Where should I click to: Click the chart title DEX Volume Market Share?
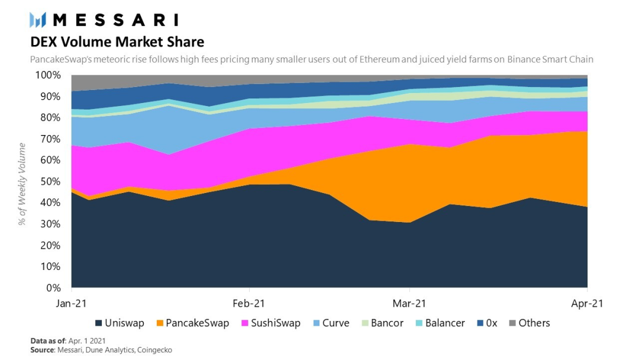pyautogui.click(x=117, y=42)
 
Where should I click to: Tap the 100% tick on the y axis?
pyautogui.click(x=48, y=76)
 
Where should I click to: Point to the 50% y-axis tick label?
pyautogui.click(x=50, y=182)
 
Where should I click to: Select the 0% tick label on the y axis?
pyautogui.click(x=53, y=288)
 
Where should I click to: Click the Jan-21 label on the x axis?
pyautogui.click(x=72, y=303)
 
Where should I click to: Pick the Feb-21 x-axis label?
pyautogui.click(x=249, y=303)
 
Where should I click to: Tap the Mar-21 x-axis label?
pyautogui.click(x=410, y=303)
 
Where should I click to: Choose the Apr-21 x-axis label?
pyautogui.click(x=587, y=303)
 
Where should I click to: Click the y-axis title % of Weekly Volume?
pyautogui.click(x=22, y=184)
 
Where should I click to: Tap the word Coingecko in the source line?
pyautogui.click(x=155, y=351)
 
